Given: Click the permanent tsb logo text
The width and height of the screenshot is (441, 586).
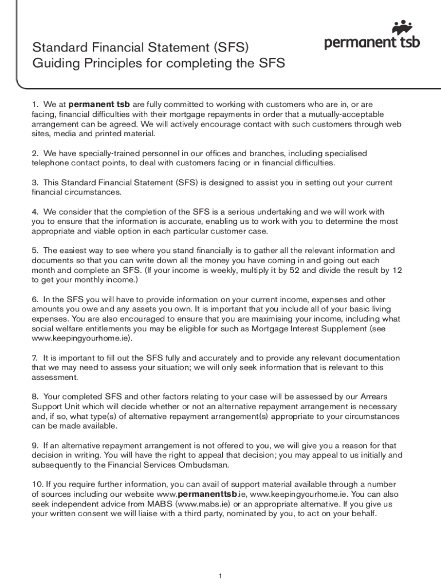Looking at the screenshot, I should (372, 43).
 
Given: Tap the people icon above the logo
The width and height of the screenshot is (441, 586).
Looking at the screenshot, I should (403, 27).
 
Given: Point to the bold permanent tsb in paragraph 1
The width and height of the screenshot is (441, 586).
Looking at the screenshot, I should (99, 105).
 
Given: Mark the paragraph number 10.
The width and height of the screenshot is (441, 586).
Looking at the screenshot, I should (37, 484).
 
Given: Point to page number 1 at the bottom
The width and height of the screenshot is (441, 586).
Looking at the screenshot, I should (220, 576).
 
